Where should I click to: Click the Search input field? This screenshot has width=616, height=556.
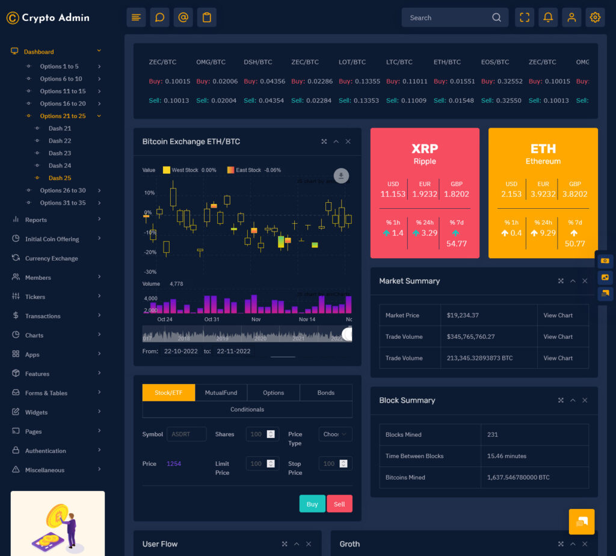(448, 17)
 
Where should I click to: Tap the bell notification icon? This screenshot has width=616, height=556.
(548, 17)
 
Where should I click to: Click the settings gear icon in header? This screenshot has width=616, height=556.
(595, 17)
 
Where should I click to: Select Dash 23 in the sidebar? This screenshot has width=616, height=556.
(60, 153)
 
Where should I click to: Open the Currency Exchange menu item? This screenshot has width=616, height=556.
(51, 259)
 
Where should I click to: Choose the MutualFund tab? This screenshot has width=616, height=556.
(221, 393)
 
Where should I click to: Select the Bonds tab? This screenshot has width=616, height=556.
(325, 393)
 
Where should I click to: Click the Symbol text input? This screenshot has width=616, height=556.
(186, 434)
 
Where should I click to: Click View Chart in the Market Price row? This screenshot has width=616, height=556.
(558, 315)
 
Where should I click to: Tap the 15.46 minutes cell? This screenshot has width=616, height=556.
(507, 456)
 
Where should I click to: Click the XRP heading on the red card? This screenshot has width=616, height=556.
(425, 149)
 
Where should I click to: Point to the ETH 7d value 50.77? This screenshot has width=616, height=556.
(574, 244)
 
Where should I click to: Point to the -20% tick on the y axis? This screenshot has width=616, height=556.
(150, 252)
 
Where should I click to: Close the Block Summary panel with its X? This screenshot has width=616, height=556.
(585, 400)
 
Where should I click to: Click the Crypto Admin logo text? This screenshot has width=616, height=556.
(55, 18)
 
